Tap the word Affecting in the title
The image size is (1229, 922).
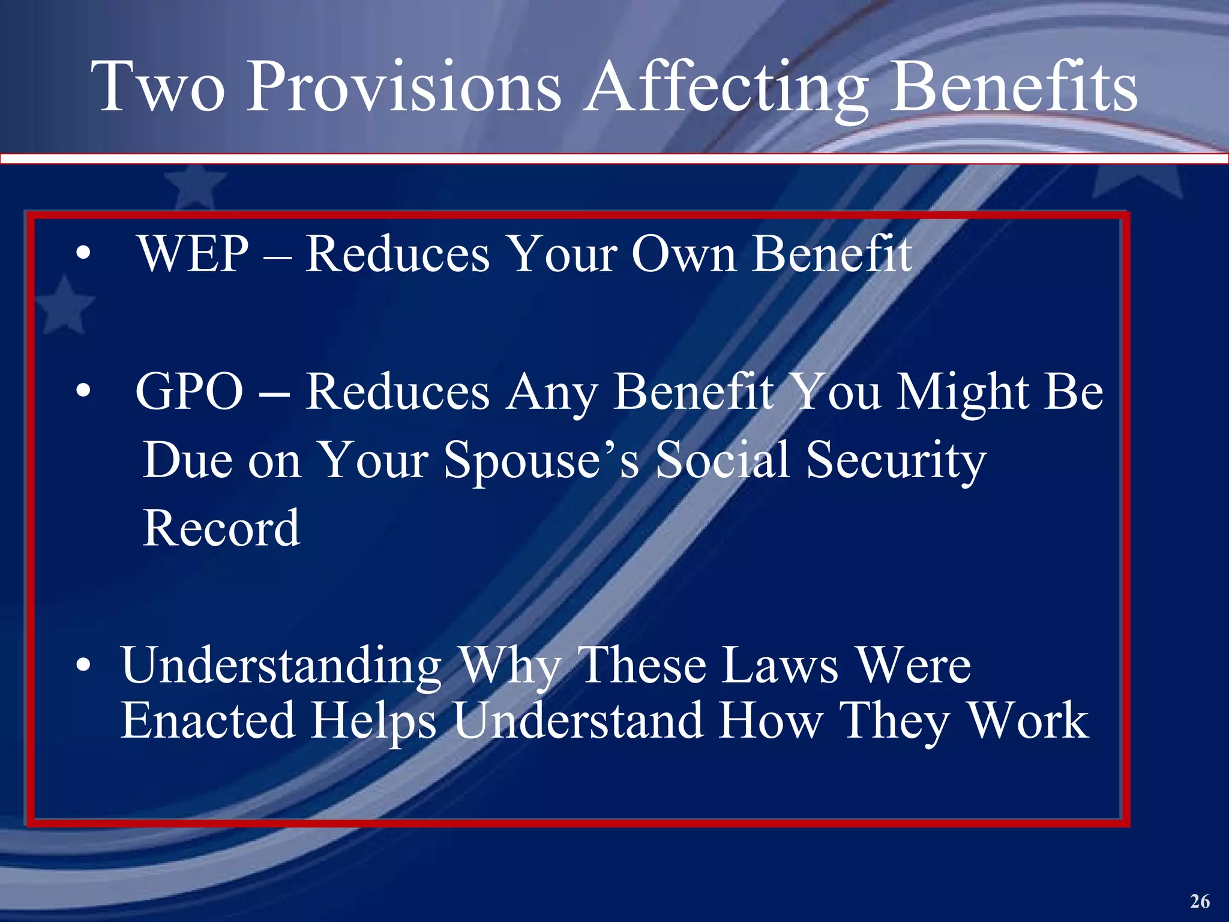(x=726, y=87)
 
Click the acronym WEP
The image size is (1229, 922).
(x=193, y=255)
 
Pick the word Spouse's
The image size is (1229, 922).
(x=541, y=461)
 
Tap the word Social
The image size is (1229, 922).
(x=722, y=460)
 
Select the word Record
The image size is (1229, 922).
(x=221, y=528)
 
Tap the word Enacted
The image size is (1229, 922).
(x=208, y=720)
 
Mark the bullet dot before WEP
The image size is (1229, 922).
(x=83, y=255)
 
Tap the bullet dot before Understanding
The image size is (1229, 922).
(x=83, y=666)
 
